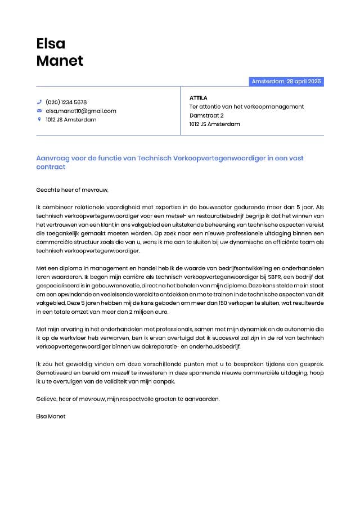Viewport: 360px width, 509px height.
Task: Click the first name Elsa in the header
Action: coord(51,43)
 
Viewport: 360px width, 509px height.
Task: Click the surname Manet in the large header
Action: coord(60,61)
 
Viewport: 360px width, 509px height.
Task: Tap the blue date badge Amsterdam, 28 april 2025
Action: coord(286,82)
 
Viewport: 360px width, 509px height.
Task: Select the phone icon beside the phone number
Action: coord(39,102)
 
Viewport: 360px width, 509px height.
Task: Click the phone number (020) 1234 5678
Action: coord(66,102)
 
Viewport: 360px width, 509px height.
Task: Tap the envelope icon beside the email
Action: coord(39,111)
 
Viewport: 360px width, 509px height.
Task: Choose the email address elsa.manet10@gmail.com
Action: coord(81,111)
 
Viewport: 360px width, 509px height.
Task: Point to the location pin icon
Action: coord(39,119)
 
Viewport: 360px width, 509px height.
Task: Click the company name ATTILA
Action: coord(199,98)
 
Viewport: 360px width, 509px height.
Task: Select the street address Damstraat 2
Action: coord(206,115)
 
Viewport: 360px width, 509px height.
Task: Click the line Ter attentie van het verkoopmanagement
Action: coord(246,106)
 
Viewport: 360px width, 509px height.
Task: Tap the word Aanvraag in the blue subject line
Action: coord(52,159)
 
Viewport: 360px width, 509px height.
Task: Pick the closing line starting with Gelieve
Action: coord(128,399)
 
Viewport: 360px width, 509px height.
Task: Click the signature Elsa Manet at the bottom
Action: coord(51,416)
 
